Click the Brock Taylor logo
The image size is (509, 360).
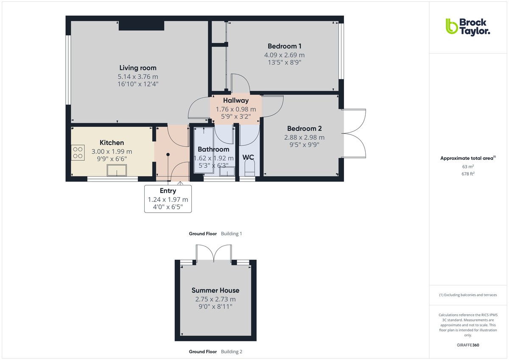point(467,26)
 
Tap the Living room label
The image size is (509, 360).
point(137,68)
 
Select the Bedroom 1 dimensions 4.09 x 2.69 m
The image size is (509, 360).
point(284,55)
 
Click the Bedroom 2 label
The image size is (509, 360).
point(304,128)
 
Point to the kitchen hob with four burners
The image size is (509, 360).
point(78,152)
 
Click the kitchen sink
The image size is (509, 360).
point(117,170)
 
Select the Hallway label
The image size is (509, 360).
point(236,100)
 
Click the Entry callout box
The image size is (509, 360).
point(168,198)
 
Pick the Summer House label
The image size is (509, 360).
point(215,290)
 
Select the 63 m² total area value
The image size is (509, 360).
point(468,167)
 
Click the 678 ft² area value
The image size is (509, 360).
point(468,174)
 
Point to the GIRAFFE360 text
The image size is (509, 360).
point(468,345)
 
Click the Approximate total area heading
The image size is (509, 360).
point(467,158)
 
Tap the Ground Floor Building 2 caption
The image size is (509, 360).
point(215,352)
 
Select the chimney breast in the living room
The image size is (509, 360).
point(141,25)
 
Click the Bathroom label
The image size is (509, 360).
point(213,149)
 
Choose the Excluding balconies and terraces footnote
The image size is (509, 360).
point(468,295)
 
